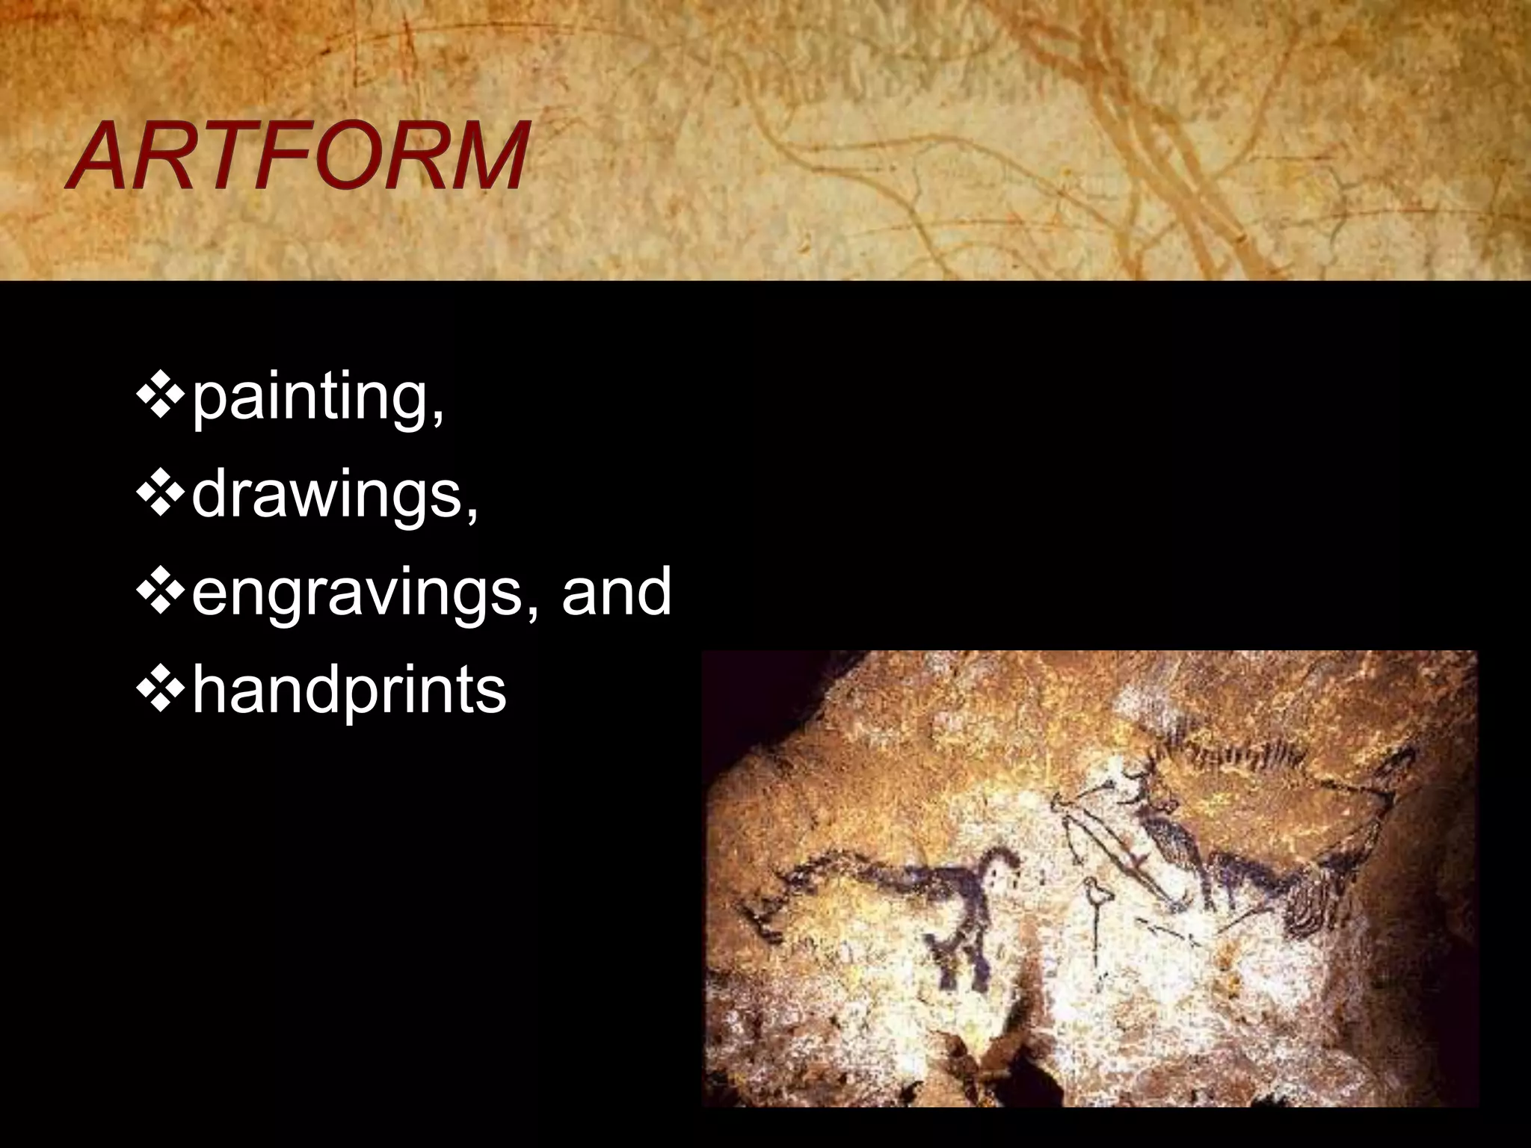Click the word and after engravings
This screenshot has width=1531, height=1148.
[x=616, y=590]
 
